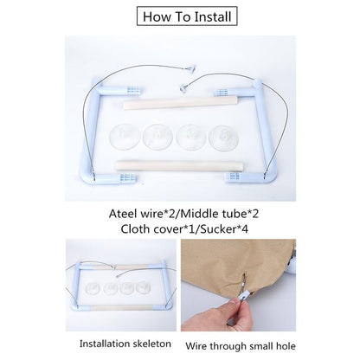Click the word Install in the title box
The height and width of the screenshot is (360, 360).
(213, 16)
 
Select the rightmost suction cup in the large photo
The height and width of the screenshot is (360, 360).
(224, 138)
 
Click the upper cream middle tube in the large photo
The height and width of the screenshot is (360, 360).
(181, 103)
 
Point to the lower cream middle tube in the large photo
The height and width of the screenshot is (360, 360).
(179, 165)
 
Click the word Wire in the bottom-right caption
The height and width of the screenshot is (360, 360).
(196, 346)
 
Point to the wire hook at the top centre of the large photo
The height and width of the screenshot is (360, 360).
(190, 68)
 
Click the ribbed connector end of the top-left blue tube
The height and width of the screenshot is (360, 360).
(134, 91)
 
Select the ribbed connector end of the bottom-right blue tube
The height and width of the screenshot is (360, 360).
(233, 177)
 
